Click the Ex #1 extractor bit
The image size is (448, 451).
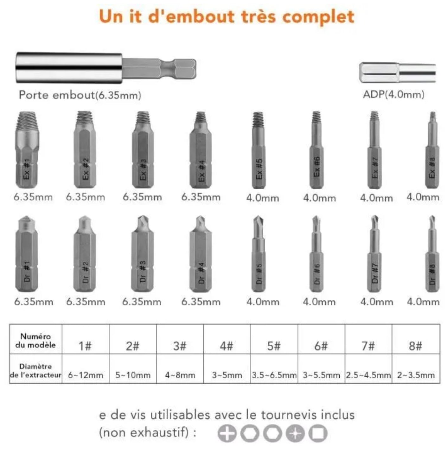coord(27,150)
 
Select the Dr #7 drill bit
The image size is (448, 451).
coord(374,255)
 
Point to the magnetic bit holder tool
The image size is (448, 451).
coord(106,68)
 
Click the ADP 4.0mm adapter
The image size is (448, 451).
coord(397,72)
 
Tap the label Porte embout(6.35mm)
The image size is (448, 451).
coord(80,95)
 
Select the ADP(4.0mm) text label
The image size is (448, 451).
coord(394,94)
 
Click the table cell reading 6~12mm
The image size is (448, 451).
coord(86,375)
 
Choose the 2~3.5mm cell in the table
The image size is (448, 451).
coord(416,375)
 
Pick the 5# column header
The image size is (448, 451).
coord(274,346)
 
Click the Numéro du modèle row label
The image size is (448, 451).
coord(35,341)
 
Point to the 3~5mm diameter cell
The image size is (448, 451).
coord(227,375)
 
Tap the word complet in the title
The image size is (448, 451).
coord(318,17)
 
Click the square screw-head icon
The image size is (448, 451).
coord(318,433)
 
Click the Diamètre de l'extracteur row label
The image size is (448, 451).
coord(35,371)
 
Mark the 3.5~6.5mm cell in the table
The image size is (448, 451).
coord(274,375)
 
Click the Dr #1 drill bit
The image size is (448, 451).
coord(27,255)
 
